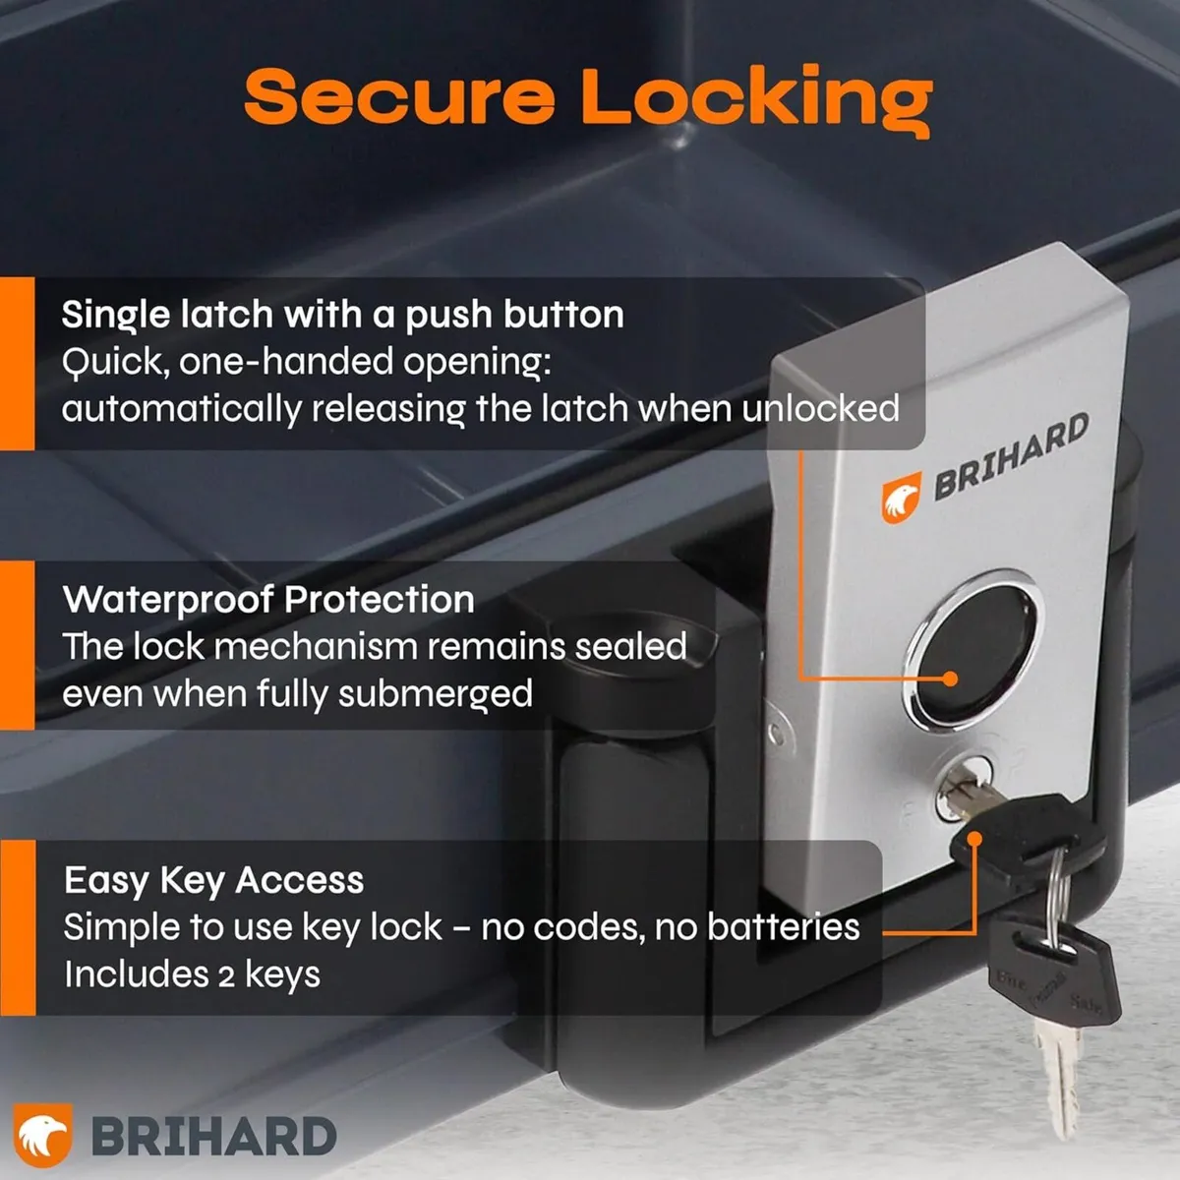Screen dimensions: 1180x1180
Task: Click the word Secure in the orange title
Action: (x=399, y=96)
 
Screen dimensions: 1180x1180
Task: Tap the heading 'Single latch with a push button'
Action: (x=342, y=316)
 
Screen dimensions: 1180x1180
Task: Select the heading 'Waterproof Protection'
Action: (x=268, y=599)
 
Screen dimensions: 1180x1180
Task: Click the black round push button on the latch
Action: (x=974, y=648)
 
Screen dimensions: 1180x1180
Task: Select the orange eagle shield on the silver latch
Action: (x=901, y=498)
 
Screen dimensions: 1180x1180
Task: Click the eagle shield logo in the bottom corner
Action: (x=43, y=1135)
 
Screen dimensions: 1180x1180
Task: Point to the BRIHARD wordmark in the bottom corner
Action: (x=213, y=1137)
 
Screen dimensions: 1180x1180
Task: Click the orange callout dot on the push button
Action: (x=950, y=678)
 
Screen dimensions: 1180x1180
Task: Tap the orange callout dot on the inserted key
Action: (x=974, y=839)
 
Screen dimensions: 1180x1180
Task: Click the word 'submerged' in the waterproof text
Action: (x=436, y=695)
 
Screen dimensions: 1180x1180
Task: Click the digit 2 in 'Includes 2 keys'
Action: (x=226, y=976)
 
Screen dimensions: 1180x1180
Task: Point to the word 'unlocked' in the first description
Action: (x=820, y=408)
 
